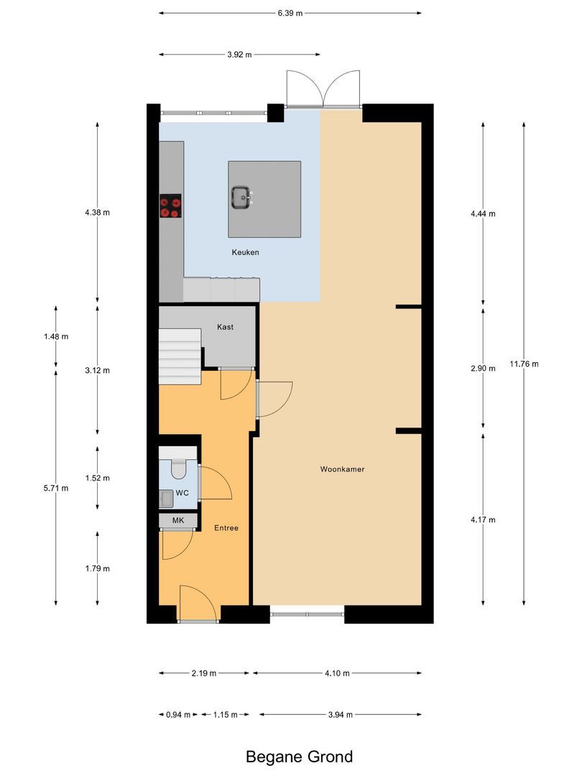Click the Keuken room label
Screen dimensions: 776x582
[x=245, y=252]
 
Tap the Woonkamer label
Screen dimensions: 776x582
[x=342, y=469]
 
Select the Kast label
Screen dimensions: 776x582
[x=225, y=327]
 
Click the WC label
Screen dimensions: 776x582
[x=182, y=494]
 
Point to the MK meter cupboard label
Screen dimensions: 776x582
[x=177, y=519]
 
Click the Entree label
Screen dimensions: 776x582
[x=226, y=528]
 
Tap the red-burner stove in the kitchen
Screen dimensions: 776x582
[x=171, y=207]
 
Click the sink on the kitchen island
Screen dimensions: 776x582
[x=240, y=196]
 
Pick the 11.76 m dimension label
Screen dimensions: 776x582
[x=524, y=364]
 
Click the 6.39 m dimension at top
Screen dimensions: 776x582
[x=290, y=12]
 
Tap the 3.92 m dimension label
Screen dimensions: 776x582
[x=239, y=54]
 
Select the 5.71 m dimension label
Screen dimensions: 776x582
[x=56, y=488]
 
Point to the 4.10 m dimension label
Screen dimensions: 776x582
[x=337, y=673]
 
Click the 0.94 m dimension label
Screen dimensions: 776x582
[x=178, y=714]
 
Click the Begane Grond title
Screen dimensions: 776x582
[x=299, y=757]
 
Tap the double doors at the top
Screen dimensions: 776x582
[x=323, y=90]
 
